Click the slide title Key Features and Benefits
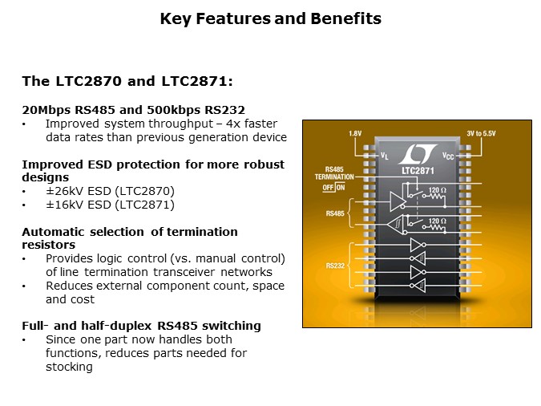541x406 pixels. point(270,18)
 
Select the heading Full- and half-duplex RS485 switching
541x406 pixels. point(141,326)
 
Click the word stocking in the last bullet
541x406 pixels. point(69,367)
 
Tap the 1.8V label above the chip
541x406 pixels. point(356,132)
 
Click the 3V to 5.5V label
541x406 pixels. point(483,132)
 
